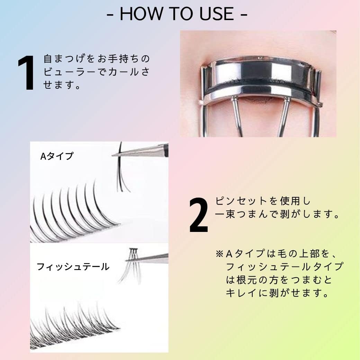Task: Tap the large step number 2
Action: pyautogui.click(x=199, y=215)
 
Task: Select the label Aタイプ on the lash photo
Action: pyautogui.click(x=57, y=156)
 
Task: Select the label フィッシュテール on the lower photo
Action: pyautogui.click(x=73, y=267)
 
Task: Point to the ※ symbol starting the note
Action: pyautogui.click(x=219, y=254)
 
